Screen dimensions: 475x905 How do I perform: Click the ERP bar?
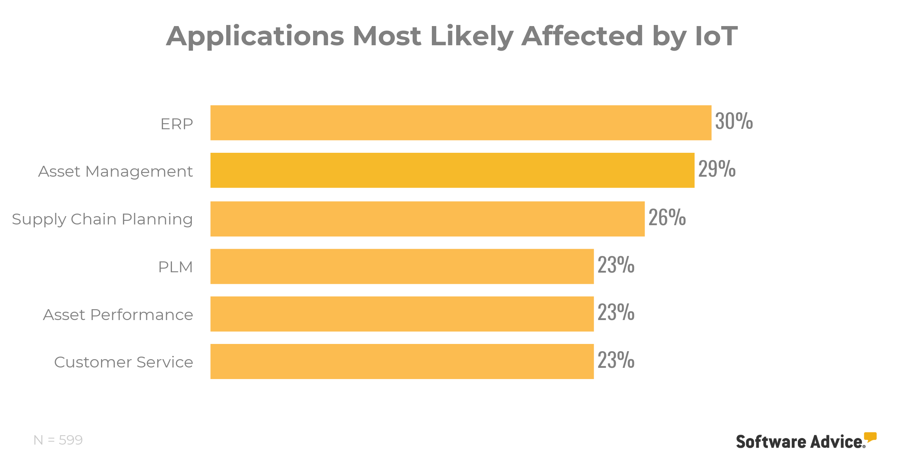pyautogui.click(x=460, y=123)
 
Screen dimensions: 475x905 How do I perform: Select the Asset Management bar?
pyautogui.click(x=452, y=170)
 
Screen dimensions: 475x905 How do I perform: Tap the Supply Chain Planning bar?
pyautogui.click(x=427, y=219)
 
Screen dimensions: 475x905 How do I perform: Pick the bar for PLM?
pyautogui.click(x=402, y=266)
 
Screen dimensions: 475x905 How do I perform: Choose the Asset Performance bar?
pyautogui.click(x=402, y=314)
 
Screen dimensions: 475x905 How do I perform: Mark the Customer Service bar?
pyautogui.click(x=402, y=361)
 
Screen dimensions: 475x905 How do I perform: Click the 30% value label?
pyautogui.click(x=734, y=121)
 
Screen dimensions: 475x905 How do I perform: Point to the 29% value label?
pyautogui.click(x=717, y=169)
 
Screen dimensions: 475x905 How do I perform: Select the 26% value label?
pyautogui.click(x=667, y=217)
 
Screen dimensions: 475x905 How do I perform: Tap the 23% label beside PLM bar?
pyautogui.click(x=616, y=265)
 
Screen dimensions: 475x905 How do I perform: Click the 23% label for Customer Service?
pyautogui.click(x=616, y=360)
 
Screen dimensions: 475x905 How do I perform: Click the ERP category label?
pyautogui.click(x=177, y=124)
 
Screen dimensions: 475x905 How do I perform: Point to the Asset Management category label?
pyautogui.click(x=115, y=171)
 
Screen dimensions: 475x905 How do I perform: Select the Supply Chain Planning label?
pyautogui.click(x=102, y=219)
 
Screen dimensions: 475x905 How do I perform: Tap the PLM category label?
pyautogui.click(x=176, y=267)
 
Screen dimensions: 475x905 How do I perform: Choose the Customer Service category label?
pyautogui.click(x=123, y=362)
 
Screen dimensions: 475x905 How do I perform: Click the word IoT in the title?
pyautogui.click(x=716, y=36)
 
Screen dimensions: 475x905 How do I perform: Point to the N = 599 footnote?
pyautogui.click(x=58, y=440)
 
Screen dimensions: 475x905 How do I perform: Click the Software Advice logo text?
pyautogui.click(x=800, y=442)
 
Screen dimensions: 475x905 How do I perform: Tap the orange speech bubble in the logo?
pyautogui.click(x=870, y=437)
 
